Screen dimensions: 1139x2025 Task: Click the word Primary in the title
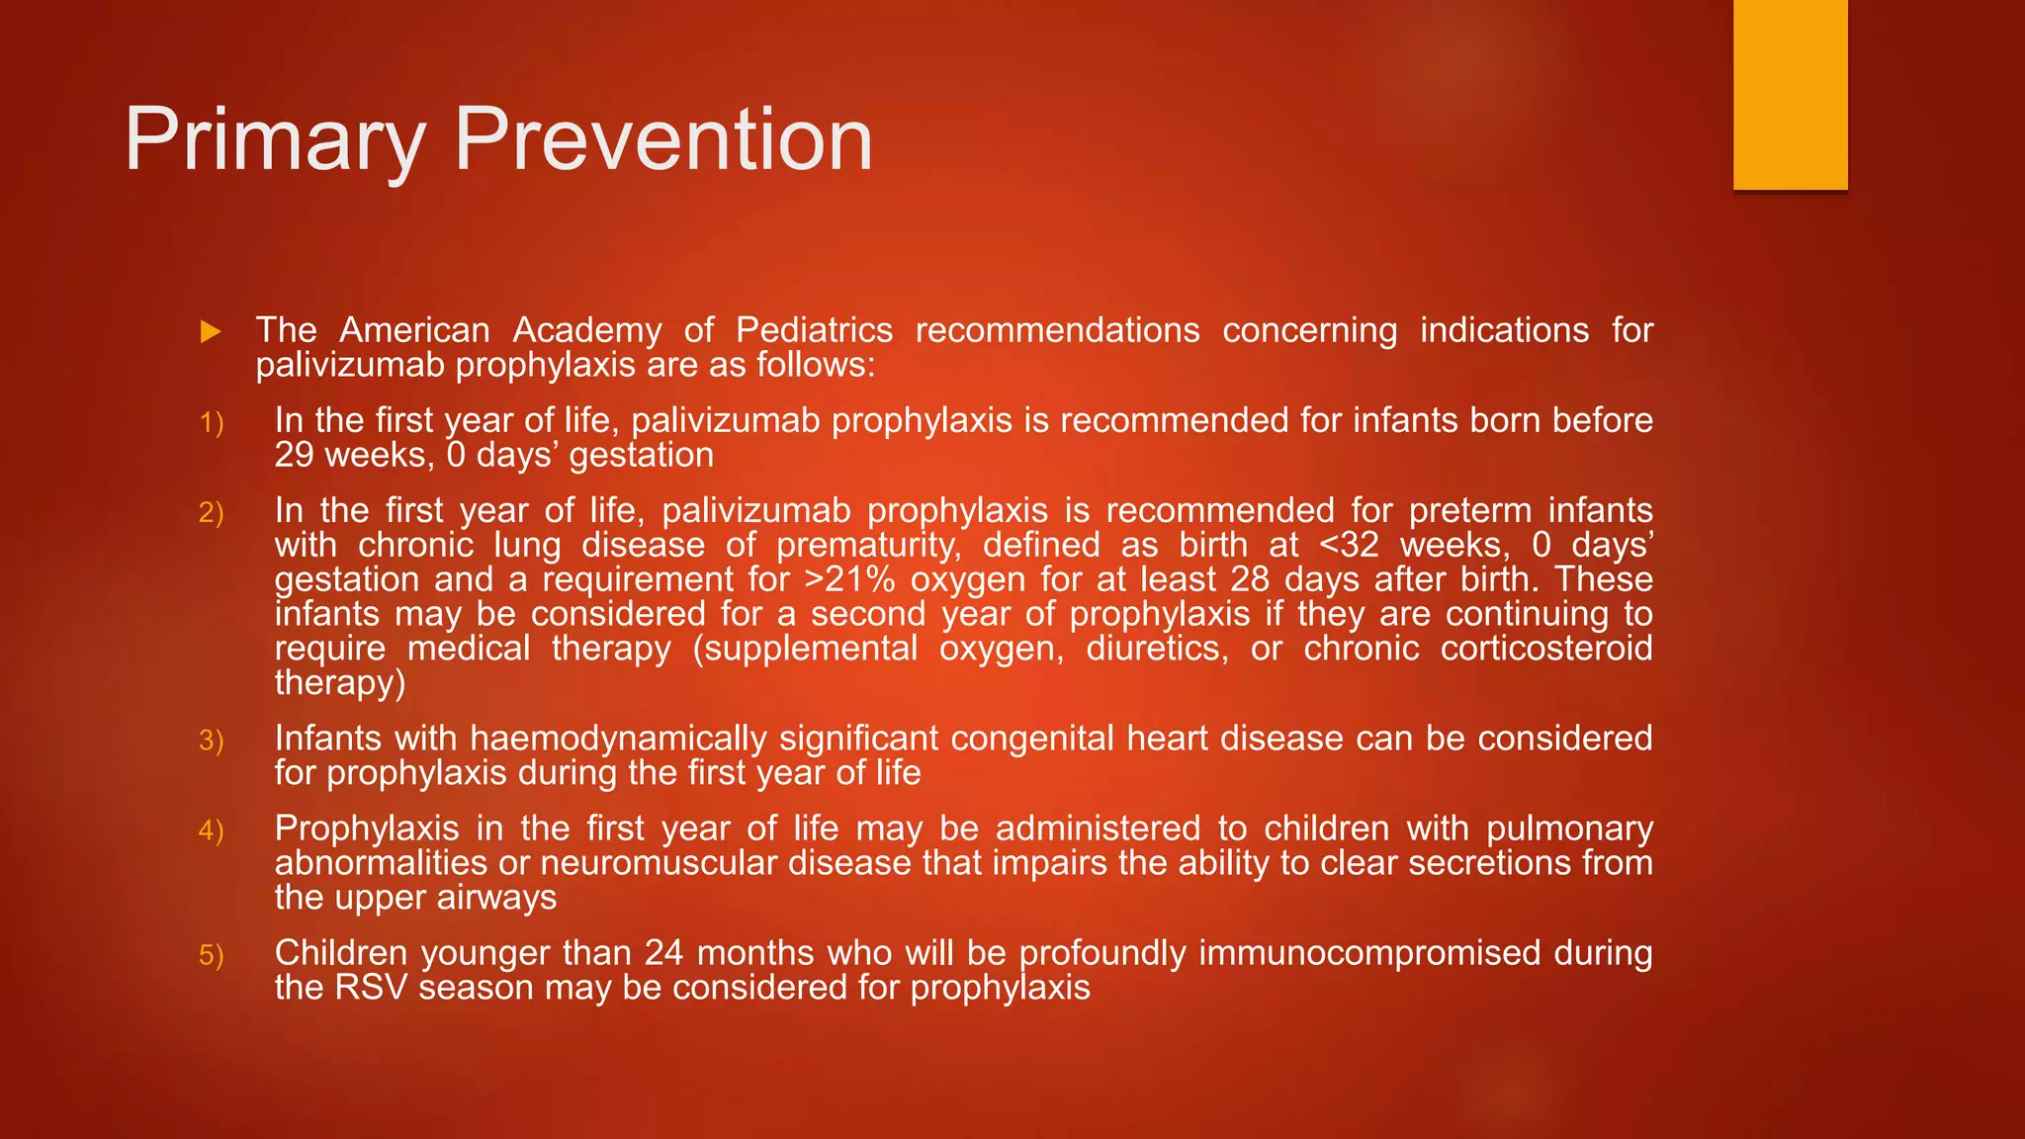click(275, 141)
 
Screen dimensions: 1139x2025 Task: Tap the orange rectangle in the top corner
click(1790, 95)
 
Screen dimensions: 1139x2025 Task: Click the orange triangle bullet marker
click(210, 332)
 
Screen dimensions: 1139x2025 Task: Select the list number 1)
click(212, 423)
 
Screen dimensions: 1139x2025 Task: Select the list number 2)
click(212, 513)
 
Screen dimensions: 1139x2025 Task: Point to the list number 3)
click(212, 741)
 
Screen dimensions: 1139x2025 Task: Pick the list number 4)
click(212, 831)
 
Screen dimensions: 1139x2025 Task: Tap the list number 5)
click(212, 955)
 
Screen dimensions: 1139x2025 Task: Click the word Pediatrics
click(814, 330)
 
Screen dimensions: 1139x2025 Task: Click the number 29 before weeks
click(294, 455)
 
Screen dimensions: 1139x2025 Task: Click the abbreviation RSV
click(371, 988)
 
